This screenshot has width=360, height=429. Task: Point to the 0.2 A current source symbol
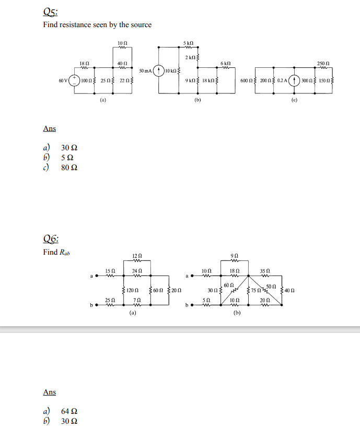296,81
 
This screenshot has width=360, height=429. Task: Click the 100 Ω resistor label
86,81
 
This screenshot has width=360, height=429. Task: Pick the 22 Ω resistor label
123,81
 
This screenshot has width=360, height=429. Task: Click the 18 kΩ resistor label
208,81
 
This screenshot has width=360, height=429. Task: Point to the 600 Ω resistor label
246,81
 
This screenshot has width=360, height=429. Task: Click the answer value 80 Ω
70,168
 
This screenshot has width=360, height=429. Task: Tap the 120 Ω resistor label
132,289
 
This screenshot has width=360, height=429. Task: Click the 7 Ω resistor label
136,299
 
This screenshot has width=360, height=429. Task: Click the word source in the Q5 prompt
141,25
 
